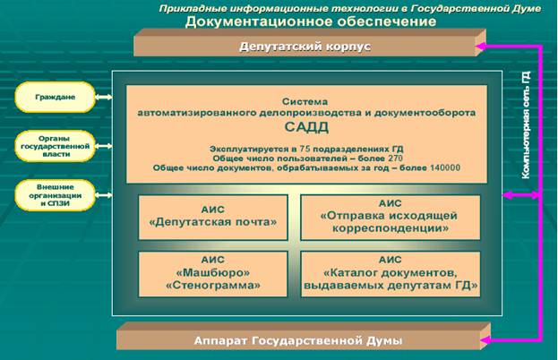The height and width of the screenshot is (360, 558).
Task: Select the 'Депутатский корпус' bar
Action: click(x=305, y=45)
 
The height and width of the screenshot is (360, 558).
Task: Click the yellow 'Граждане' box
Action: click(x=55, y=97)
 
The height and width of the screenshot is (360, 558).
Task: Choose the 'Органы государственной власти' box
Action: click(x=55, y=146)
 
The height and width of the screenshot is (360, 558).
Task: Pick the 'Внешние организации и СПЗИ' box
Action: click(x=55, y=194)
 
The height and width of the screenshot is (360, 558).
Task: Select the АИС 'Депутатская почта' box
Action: click(x=212, y=216)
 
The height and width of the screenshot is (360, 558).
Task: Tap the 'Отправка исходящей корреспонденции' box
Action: click(x=389, y=216)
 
